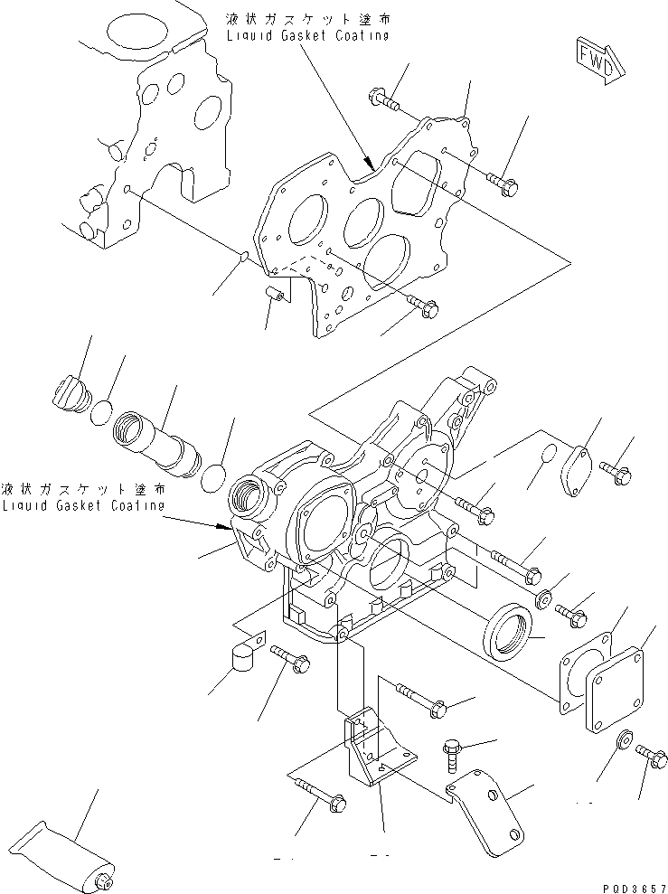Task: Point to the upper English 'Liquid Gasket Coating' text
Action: [310, 35]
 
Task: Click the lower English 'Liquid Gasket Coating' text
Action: [83, 505]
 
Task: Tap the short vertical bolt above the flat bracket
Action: [452, 753]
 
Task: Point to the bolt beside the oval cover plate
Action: [618, 470]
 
